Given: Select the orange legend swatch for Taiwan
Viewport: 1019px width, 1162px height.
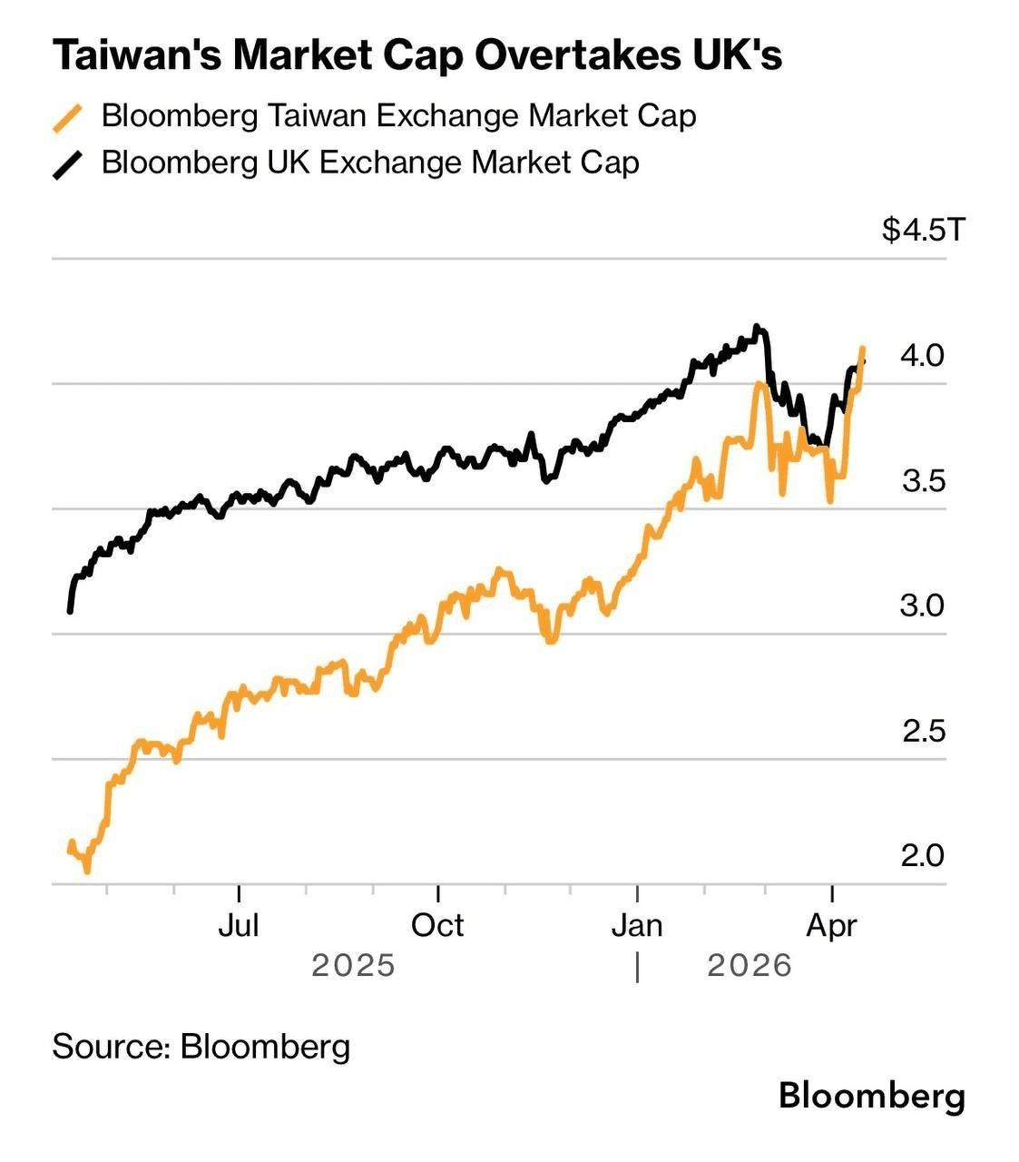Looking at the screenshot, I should pos(68,118).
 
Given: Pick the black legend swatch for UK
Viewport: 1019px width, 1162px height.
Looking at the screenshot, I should pos(68,165).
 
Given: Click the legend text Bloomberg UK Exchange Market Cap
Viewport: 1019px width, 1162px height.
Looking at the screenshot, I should pos(370,162).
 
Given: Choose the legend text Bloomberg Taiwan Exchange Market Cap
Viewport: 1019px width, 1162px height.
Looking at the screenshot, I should pos(399,116).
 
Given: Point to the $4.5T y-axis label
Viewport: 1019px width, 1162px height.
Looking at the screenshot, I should pos(924,230).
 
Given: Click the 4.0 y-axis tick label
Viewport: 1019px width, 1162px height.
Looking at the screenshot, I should pos(922,355).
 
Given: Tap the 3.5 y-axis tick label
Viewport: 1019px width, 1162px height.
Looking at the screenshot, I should pos(923,480).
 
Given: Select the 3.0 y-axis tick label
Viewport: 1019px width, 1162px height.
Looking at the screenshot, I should pos(922,606).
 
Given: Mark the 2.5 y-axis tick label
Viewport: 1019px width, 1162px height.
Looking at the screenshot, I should pos(923,731).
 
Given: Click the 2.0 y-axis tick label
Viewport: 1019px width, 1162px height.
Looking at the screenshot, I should pos(922,855).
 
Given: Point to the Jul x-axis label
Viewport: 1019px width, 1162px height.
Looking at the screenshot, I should pos(239,925).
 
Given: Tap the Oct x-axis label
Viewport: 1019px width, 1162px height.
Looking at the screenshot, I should pos(437,925).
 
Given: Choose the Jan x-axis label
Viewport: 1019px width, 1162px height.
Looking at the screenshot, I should pos(637,925).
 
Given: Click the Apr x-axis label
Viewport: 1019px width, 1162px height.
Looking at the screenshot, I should pos(832,925).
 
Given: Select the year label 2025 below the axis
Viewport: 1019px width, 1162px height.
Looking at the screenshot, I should pos(353,965).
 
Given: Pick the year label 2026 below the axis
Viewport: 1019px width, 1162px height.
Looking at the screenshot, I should pos(750,965).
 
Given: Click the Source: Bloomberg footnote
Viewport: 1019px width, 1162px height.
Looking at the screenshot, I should pos(201,1047).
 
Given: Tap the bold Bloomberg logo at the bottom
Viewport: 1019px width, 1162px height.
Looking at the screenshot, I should pos(871,1096).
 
